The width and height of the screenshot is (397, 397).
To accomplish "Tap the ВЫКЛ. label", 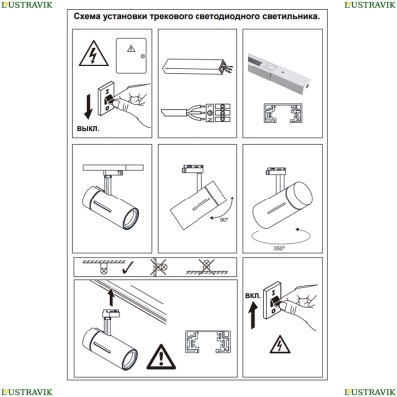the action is pos(88,128).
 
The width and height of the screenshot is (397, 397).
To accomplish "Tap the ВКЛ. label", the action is pos(253,296).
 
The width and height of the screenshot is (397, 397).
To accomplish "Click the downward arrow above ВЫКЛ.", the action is pos(88,106).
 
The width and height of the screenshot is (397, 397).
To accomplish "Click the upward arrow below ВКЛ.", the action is pos(253,317).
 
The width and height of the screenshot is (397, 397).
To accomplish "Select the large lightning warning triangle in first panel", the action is pos(94,53).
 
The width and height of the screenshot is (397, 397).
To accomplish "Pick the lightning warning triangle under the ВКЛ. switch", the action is pos(280,344).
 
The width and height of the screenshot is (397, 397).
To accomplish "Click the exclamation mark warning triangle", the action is pos(161,357).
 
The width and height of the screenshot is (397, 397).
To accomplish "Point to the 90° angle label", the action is pos(224,220).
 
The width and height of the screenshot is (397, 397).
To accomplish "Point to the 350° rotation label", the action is pos(279,249).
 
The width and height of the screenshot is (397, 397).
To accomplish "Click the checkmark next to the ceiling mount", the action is pos(128,268).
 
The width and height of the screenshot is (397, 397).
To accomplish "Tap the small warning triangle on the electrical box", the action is pos(131,49).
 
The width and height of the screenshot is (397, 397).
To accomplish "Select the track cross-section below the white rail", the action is pos(283,113).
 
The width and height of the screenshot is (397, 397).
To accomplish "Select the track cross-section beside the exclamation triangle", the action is pos(207,341).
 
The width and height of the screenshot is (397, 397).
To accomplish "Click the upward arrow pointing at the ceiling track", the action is pos(111,297).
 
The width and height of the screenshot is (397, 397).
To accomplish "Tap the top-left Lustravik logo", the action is pos(27,5).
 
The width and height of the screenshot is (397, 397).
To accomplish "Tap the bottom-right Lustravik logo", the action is pos(370,392).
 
